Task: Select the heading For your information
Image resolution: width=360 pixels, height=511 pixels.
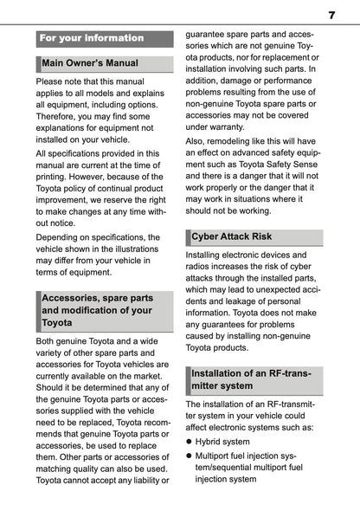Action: point(92,38)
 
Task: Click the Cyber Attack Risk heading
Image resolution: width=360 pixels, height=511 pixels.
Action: point(231,236)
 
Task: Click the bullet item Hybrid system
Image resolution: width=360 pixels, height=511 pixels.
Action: point(222,441)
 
